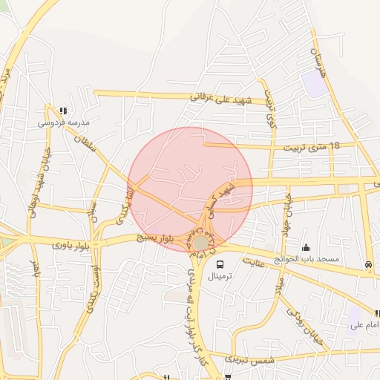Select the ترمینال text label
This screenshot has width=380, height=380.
[x=220, y=276]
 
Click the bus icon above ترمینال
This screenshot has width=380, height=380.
[x=220, y=264]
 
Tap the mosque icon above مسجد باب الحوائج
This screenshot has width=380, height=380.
[x=306, y=248]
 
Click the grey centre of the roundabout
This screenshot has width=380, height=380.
[x=201, y=243]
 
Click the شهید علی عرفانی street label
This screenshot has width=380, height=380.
[x=223, y=97]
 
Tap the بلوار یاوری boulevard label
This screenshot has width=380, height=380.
[x=71, y=243]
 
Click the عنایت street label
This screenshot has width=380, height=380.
[x=255, y=262]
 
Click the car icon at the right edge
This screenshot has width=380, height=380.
[x=368, y=265]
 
